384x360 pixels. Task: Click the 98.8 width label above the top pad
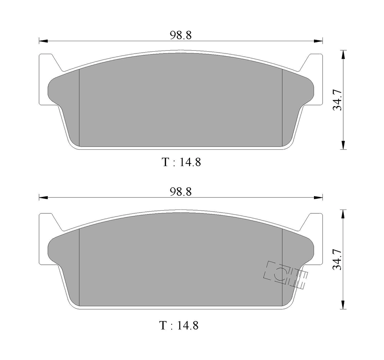tap(181, 35)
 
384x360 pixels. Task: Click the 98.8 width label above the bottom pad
tap(181, 192)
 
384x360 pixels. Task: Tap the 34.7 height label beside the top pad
tap(338, 100)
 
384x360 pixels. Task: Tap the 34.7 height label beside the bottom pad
tap(338, 259)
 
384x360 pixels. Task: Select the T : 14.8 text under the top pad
tap(182, 162)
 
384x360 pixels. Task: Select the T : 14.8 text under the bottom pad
tap(179, 326)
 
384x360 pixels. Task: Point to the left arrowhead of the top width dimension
tap(43, 41)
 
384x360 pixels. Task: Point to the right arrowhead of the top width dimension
tap(319, 41)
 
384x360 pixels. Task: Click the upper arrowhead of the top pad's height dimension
tap(343, 54)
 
